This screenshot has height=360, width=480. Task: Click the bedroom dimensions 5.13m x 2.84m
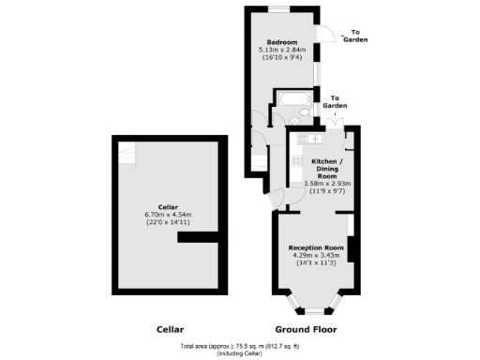pos(282,50)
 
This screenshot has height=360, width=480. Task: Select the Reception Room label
pos(316,247)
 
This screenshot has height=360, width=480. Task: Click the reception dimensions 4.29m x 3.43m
pos(316,254)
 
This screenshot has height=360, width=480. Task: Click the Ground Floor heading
pos(305,330)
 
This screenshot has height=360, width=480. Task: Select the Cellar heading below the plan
pos(170,330)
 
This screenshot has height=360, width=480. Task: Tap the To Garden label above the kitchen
pos(335,102)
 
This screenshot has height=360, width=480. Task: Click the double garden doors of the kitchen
pos(328,124)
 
